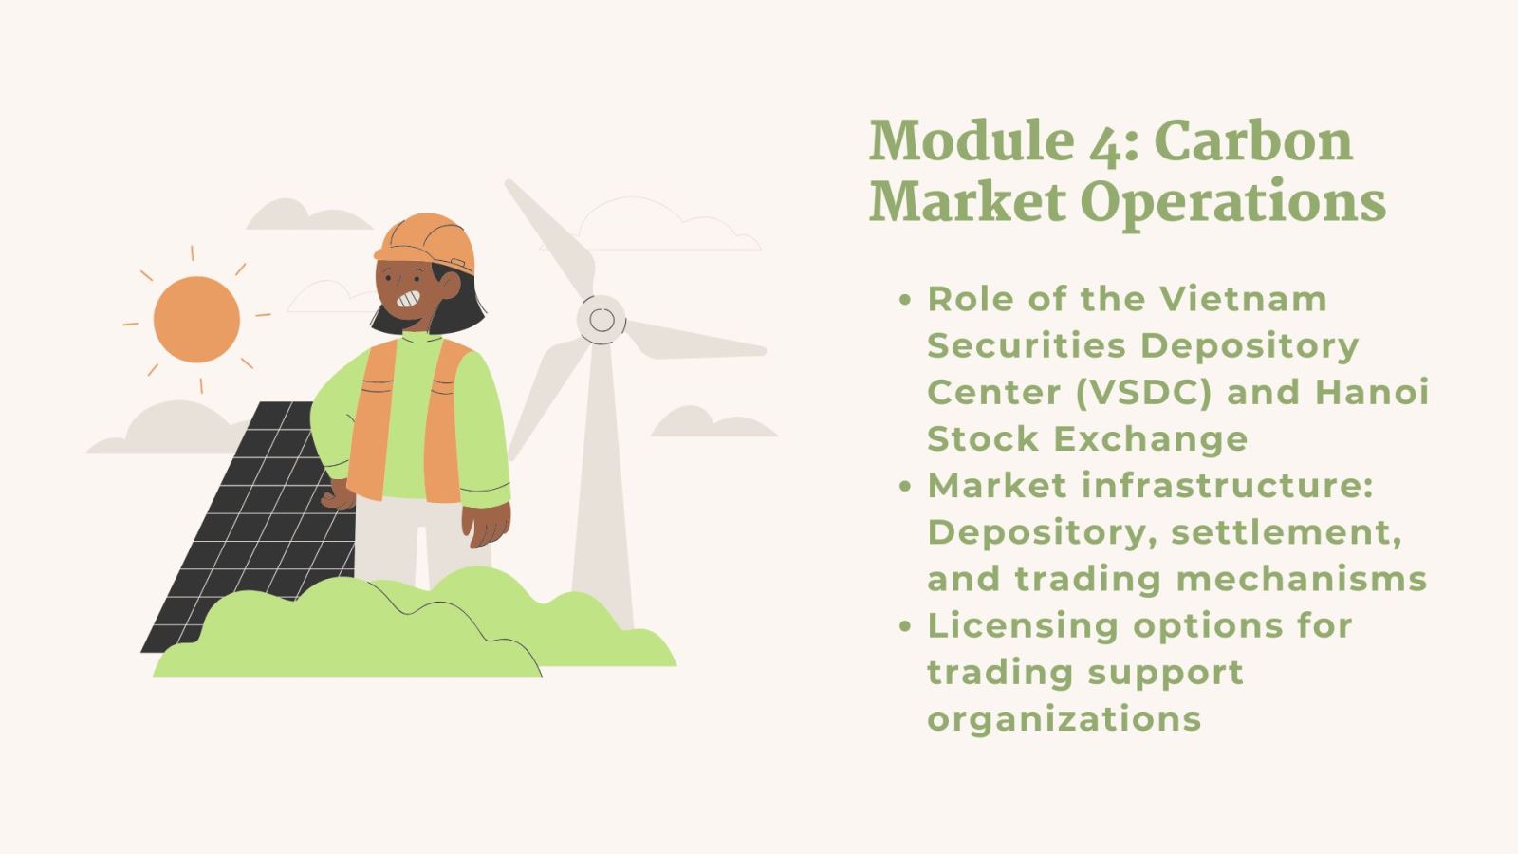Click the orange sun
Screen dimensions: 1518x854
click(x=196, y=319)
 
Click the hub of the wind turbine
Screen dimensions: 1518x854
click(x=602, y=319)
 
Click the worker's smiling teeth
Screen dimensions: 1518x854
click(x=409, y=298)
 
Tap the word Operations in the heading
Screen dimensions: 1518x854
click(x=1233, y=201)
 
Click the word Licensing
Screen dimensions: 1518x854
click(x=1023, y=627)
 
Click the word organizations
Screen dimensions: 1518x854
click(x=1064, y=720)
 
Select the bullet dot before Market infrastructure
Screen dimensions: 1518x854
click(x=905, y=487)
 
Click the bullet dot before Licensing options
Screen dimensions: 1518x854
click(x=905, y=626)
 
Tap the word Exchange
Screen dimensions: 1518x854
click(x=1151, y=440)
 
